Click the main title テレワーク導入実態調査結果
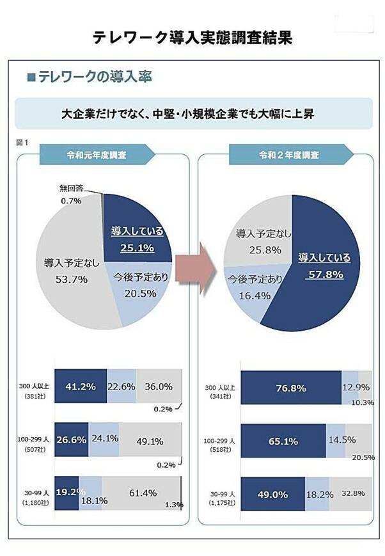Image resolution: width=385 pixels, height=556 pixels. [x=192, y=37]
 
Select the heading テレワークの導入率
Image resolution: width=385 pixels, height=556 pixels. [x=94, y=77]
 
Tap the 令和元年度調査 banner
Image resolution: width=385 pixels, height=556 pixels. [x=96, y=155]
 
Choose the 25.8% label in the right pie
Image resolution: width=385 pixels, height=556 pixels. [x=258, y=250]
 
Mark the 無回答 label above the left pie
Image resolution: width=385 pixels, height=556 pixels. [x=71, y=188]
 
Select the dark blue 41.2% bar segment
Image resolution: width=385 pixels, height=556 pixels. [x=81, y=386]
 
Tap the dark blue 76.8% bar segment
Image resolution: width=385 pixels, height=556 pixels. [x=291, y=388]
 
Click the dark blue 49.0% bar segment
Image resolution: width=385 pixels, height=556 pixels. [x=273, y=494]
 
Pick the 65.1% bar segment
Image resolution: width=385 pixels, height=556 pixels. [x=284, y=441]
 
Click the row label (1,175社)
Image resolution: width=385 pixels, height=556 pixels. [x=221, y=504]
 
